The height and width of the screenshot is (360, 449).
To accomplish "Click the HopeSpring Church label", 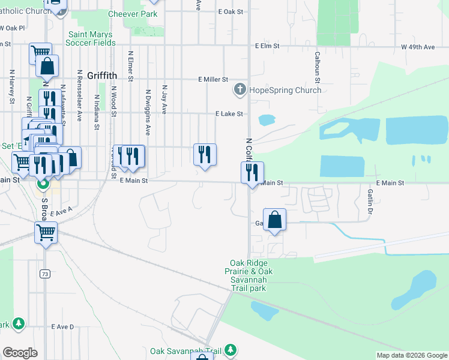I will [x=286, y=91].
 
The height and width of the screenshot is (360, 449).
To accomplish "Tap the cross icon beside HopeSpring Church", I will [x=240, y=91].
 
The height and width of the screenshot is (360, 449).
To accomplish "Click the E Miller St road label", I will [x=213, y=79].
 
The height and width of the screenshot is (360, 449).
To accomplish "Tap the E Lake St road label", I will [x=229, y=113].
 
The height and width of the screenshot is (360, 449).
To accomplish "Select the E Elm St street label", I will [x=267, y=46].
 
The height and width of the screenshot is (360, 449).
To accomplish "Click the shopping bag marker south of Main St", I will [x=274, y=220].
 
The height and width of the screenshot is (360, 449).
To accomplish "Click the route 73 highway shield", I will [x=45, y=274].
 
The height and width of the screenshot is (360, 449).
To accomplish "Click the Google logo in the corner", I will [x=20, y=353].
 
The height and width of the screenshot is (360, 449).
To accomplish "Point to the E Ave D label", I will [x=62, y=327].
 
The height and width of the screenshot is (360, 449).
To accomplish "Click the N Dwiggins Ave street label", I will [x=148, y=113].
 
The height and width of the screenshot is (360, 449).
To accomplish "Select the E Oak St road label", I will [x=231, y=11].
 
